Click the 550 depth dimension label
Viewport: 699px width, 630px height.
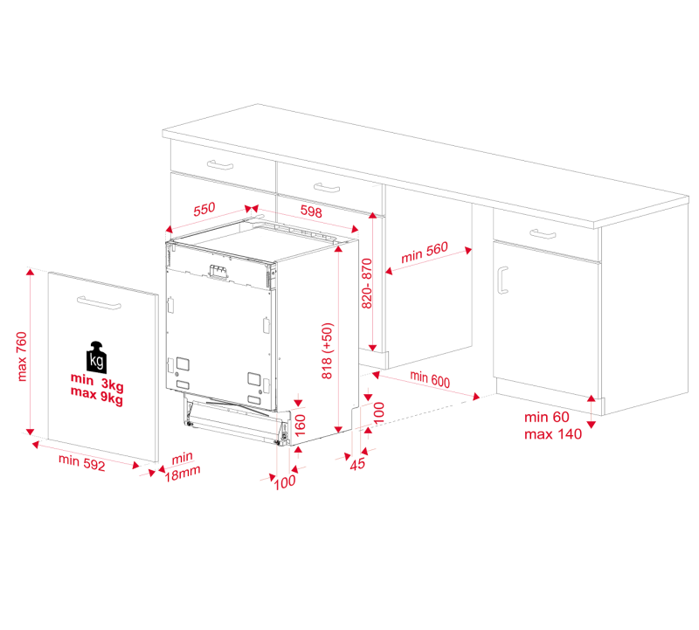(204, 209)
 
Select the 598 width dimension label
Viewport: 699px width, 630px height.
(311, 211)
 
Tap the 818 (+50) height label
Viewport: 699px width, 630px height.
(327, 351)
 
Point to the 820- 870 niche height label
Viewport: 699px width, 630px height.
(366, 284)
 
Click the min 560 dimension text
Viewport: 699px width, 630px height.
(425, 253)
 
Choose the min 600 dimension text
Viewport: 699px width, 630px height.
(430, 378)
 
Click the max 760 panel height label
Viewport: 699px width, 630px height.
(22, 357)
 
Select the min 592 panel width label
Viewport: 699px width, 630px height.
(81, 462)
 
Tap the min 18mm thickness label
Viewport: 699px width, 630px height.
(183, 467)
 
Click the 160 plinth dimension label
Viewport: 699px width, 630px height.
(301, 426)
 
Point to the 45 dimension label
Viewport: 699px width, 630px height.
(357, 464)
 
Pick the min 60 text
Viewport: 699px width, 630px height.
(547, 417)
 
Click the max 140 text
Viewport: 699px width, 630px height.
(553, 433)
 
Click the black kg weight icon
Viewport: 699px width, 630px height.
(97, 357)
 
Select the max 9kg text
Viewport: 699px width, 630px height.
(97, 396)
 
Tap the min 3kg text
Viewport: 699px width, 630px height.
(97, 382)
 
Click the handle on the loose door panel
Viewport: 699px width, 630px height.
(99, 302)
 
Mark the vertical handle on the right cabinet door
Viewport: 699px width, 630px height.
(502, 280)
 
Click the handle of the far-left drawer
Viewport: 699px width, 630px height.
(220, 165)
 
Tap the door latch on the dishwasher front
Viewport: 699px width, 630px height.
(219, 272)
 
